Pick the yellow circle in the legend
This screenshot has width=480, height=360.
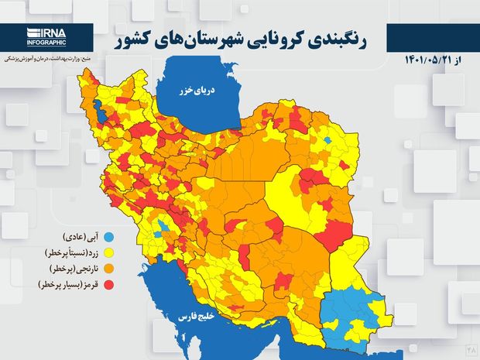click(x=108, y=252)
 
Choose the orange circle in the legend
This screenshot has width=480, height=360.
click(x=108, y=269)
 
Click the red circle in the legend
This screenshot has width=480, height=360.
click(x=108, y=285)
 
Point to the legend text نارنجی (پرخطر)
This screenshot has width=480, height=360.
click(x=69, y=269)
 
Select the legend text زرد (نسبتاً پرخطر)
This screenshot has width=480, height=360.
click(x=66, y=252)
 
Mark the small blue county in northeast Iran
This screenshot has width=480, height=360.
click(x=328, y=140)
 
